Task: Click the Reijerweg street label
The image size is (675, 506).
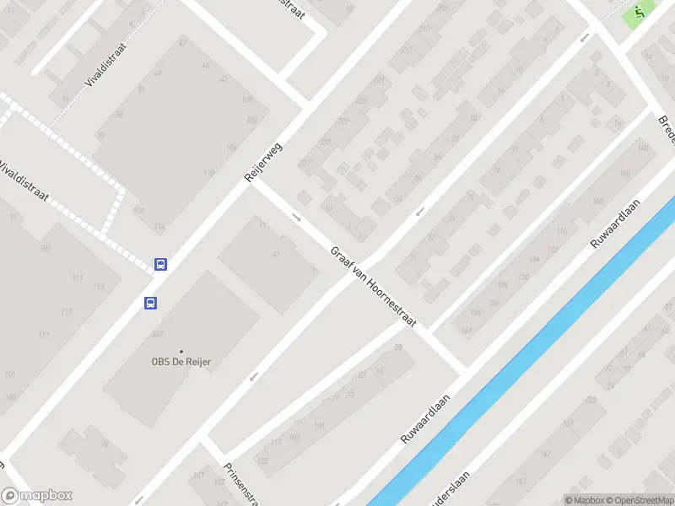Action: point(262,162)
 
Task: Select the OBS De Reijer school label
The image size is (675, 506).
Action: point(181,362)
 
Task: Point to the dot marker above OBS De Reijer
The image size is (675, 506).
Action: point(181,351)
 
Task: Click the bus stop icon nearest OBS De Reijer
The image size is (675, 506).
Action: point(150,303)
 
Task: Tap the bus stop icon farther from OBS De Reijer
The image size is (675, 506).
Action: point(160,264)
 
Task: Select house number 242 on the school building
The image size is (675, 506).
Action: point(157,334)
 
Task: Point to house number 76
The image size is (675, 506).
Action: point(105,444)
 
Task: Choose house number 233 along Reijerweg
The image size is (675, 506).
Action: point(326,143)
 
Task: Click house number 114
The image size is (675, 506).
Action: point(159,227)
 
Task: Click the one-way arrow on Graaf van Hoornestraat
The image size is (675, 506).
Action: point(296,217)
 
